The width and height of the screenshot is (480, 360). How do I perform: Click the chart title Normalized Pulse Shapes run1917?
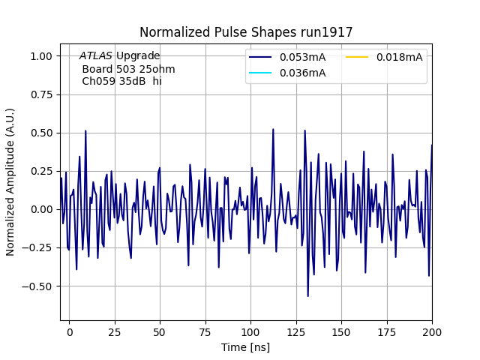point(246,32)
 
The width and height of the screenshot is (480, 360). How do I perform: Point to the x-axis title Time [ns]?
point(246,347)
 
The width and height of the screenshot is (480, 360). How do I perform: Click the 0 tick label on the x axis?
point(69,331)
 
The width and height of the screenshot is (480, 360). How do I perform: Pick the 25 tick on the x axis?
point(115,331)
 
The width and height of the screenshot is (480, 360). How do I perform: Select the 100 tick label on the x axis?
point(250,331)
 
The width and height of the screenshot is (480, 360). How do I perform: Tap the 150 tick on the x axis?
point(341,331)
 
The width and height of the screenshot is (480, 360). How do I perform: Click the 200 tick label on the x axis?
point(432,331)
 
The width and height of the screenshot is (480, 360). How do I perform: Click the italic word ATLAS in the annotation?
point(96,55)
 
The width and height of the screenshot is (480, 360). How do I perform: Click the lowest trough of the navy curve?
point(307,296)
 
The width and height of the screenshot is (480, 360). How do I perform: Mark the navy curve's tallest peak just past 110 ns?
point(273,129)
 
